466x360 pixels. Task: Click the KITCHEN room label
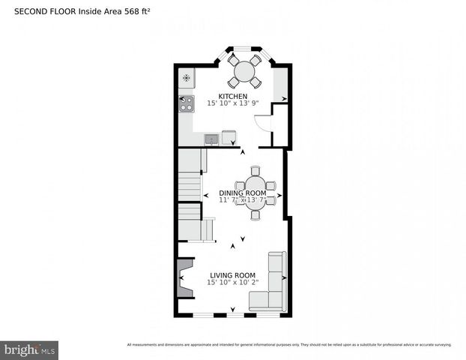click(232, 96)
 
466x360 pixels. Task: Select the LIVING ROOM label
click(232, 275)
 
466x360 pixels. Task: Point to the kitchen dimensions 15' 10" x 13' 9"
click(232, 103)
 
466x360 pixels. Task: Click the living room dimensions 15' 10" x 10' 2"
click(233, 283)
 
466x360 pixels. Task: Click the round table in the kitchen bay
click(244, 71)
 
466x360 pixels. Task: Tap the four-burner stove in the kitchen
click(186, 103)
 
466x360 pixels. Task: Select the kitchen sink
click(211, 139)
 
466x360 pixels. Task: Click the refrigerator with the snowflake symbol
click(186, 77)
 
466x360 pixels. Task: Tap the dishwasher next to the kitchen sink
click(229, 138)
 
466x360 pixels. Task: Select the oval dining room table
click(255, 192)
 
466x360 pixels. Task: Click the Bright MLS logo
click(30, 349)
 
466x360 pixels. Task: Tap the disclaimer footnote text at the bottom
click(288, 345)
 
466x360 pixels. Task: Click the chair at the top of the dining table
click(255, 171)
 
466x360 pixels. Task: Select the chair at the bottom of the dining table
click(255, 214)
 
